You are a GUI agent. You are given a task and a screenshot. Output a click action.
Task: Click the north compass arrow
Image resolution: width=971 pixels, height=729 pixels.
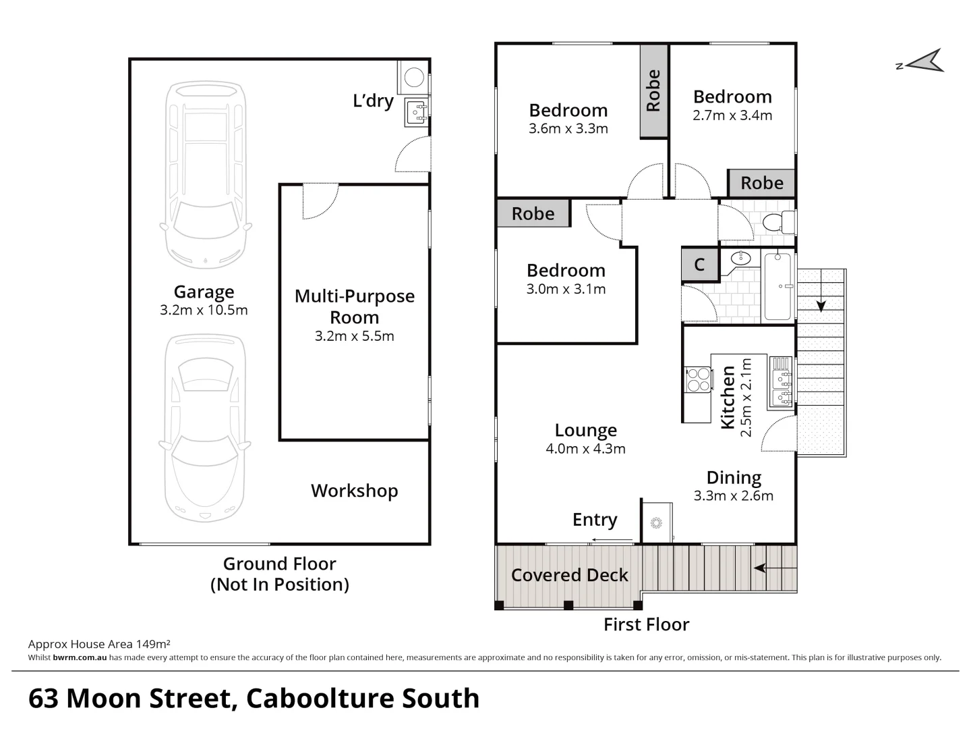(925, 61)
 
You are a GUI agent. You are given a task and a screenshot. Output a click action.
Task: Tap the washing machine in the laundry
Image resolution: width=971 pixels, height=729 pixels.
(413, 78)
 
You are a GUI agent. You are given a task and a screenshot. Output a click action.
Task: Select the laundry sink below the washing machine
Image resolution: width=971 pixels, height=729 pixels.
(416, 112)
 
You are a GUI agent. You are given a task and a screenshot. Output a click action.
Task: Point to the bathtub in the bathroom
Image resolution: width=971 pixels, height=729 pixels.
(778, 286)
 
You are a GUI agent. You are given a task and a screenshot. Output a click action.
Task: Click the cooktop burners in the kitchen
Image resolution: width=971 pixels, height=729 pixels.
(698, 379)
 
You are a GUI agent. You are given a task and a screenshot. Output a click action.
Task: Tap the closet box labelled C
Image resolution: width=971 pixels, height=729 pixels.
(699, 265)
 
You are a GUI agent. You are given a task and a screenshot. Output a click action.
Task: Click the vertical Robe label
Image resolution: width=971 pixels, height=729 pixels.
(653, 90)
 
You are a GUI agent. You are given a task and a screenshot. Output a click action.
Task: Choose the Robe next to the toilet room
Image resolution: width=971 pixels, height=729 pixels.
(761, 183)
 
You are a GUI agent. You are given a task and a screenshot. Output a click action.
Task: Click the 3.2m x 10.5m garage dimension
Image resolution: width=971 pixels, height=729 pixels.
(204, 310)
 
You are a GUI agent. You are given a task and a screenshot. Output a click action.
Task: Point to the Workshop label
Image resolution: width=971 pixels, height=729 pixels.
(354, 491)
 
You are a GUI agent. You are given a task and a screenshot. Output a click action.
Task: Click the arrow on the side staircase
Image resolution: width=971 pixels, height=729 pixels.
(821, 305)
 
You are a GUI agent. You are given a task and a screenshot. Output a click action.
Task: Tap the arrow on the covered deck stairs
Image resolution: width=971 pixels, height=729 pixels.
(761, 568)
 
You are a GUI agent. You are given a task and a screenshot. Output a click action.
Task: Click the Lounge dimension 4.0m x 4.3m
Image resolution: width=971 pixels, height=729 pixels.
(585, 449)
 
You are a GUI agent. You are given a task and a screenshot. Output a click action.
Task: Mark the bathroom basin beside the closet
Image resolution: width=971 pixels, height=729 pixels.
(740, 257)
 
